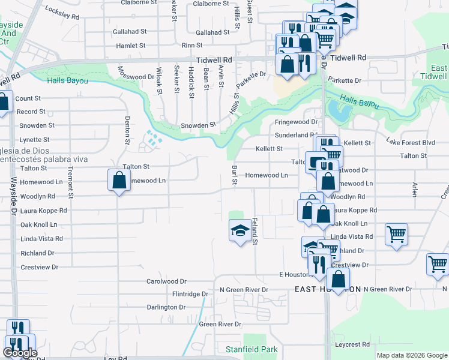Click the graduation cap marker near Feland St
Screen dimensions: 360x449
(240, 230)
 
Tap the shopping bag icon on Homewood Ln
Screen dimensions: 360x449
(119, 180)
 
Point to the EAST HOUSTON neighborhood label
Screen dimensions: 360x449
(328, 289)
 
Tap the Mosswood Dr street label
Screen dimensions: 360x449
(136, 77)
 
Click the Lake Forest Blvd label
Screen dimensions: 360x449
(410, 142)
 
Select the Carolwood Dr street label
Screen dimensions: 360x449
(167, 281)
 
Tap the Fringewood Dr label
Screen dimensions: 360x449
(295, 122)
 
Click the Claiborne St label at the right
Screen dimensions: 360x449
(211, 3)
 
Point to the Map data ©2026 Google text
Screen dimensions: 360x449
(411, 355)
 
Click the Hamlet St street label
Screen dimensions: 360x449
(130, 45)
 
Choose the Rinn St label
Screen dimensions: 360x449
(191, 45)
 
